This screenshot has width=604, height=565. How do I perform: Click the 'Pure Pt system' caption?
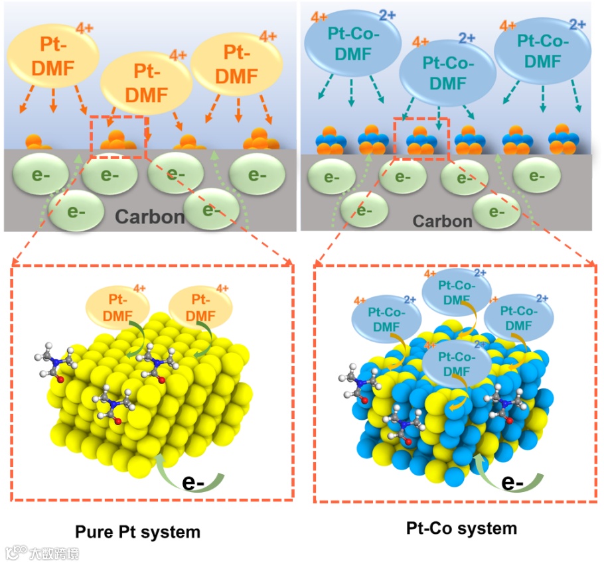(137, 531)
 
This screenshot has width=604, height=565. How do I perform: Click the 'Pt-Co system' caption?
(461, 529)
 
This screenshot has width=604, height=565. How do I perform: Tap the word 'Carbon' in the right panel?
(443, 220)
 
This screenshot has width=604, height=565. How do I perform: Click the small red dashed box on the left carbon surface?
(118, 137)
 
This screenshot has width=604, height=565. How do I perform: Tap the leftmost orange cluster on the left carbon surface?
(38, 142)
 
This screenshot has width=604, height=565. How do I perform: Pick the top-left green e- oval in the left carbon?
(40, 174)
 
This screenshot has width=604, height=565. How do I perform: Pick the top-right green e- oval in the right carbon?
(535, 176)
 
